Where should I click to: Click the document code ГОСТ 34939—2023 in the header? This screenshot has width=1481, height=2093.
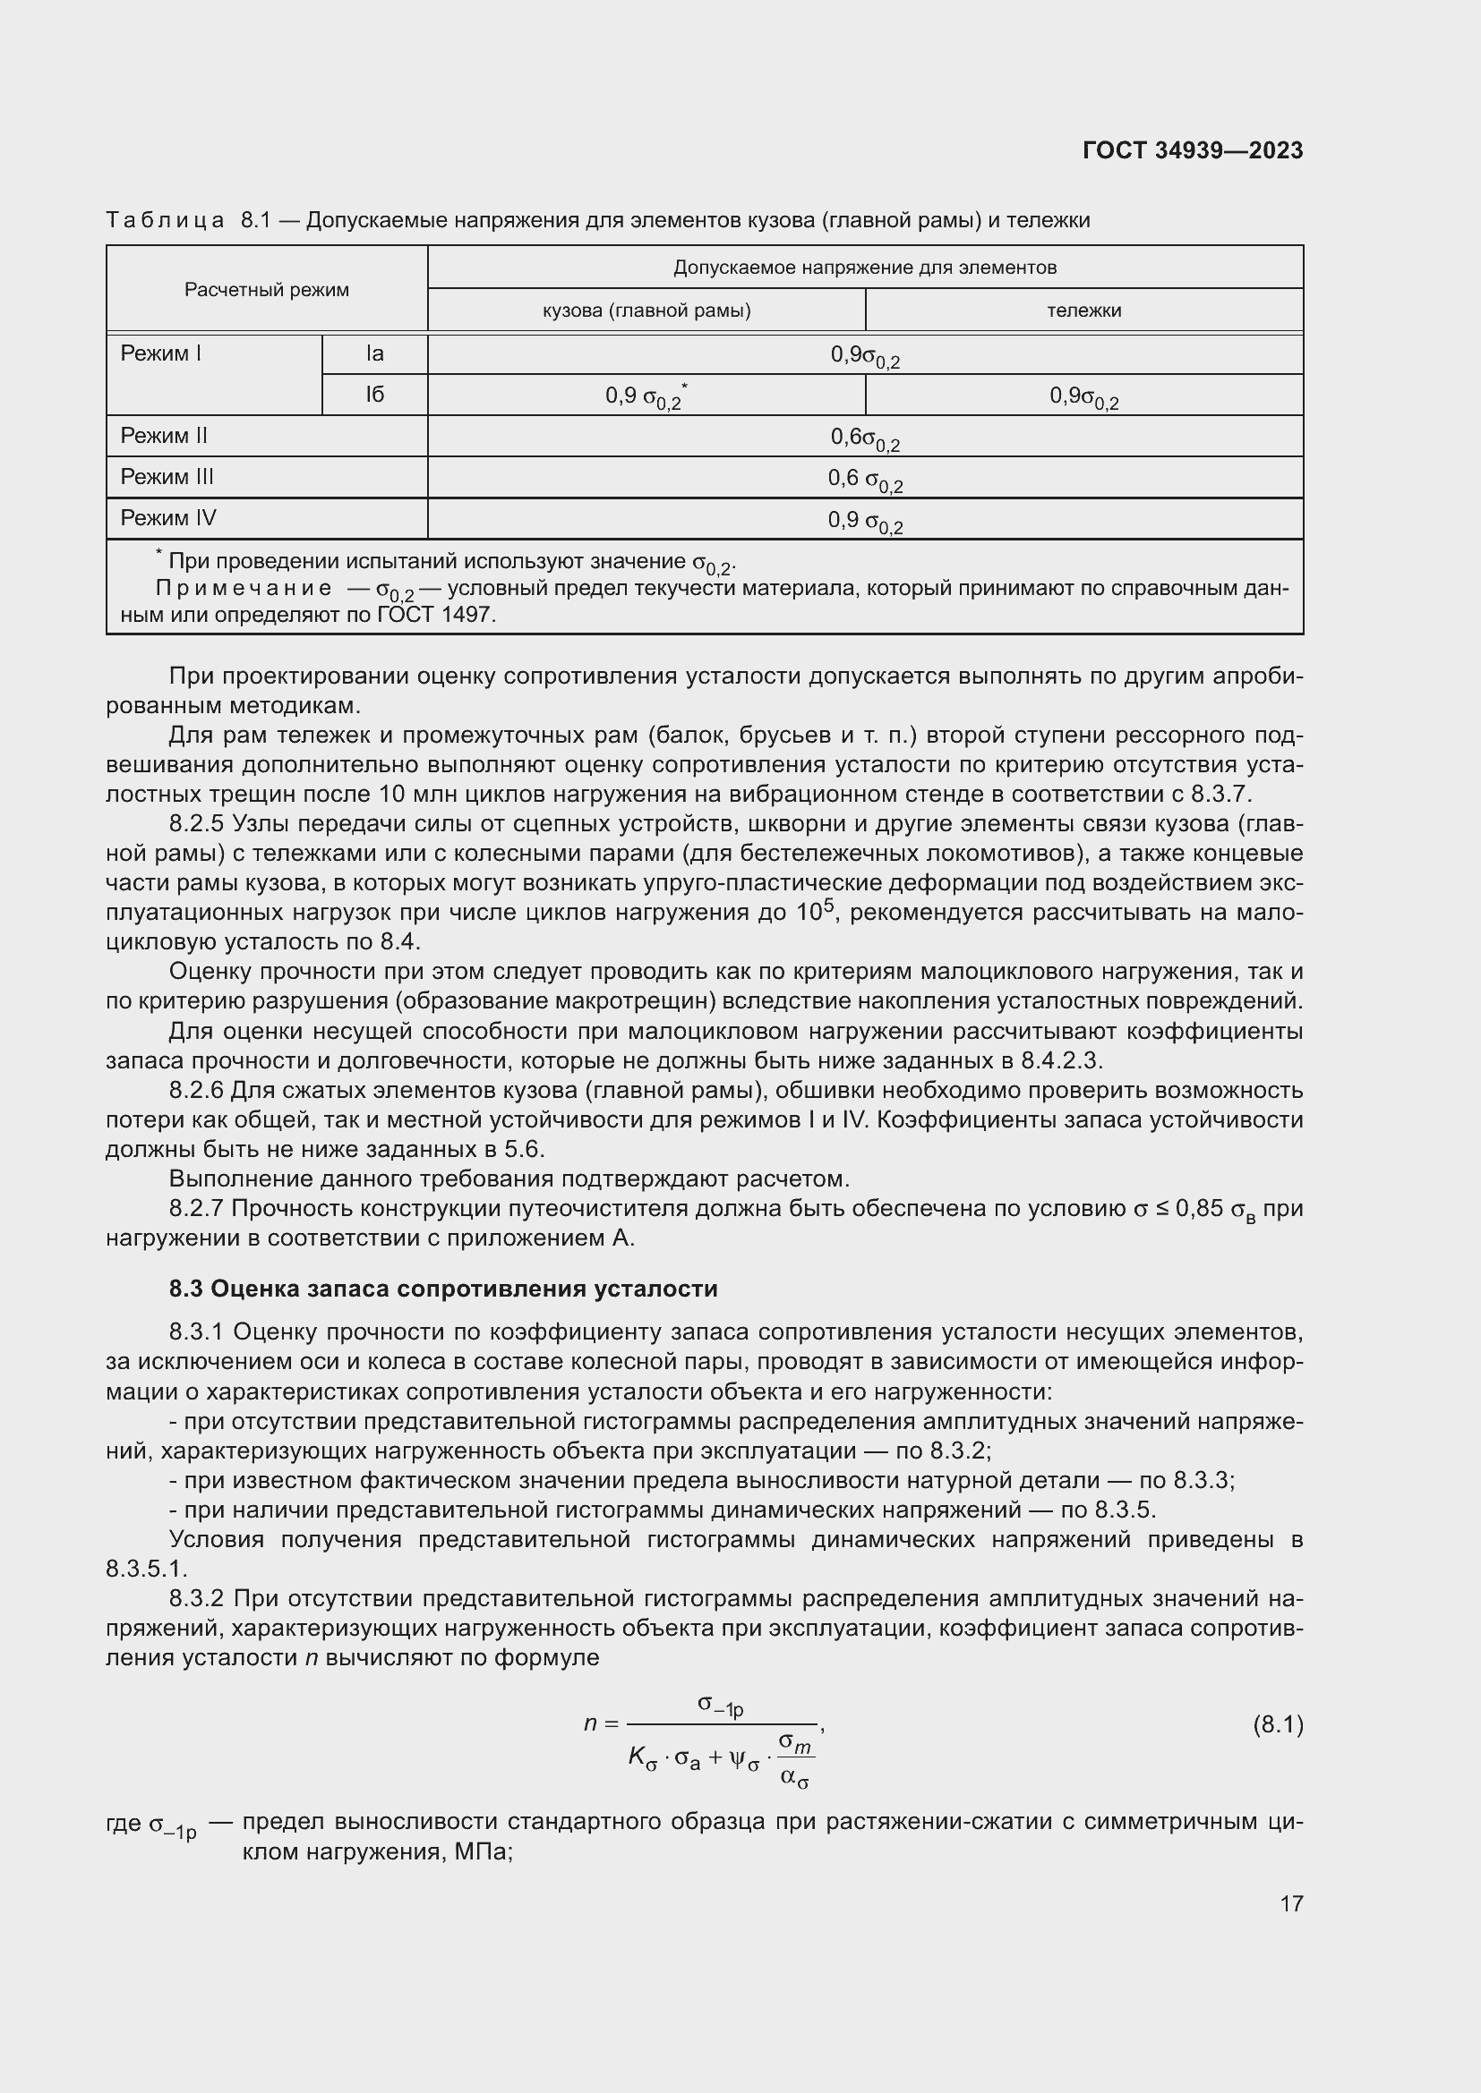tap(1192, 150)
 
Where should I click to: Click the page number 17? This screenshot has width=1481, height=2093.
tap(1290, 1902)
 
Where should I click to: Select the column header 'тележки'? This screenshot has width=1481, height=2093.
tap(1083, 310)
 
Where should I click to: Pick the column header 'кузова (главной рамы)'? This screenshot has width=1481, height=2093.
tap(646, 310)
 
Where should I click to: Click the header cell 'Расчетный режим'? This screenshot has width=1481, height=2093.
tap(266, 290)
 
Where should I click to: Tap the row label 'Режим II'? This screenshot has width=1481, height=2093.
tap(164, 436)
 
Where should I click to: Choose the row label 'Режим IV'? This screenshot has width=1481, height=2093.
tap(167, 518)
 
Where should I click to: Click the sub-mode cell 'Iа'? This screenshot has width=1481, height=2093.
tap(375, 353)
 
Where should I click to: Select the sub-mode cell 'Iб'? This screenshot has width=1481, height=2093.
tap(375, 395)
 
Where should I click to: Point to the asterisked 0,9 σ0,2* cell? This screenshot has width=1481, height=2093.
tap(646, 396)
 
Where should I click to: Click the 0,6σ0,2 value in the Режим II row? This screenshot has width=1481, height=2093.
tap(865, 438)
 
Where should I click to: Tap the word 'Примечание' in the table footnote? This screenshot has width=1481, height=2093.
tap(244, 588)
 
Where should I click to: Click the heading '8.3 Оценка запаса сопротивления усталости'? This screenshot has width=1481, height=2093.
tap(443, 1288)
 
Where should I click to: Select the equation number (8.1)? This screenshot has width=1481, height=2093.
tap(1277, 1723)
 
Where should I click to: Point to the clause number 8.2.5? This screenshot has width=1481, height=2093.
tap(196, 824)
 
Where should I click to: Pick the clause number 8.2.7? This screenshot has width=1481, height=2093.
tap(196, 1209)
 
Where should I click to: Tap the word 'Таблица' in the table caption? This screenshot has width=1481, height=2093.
tap(165, 221)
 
